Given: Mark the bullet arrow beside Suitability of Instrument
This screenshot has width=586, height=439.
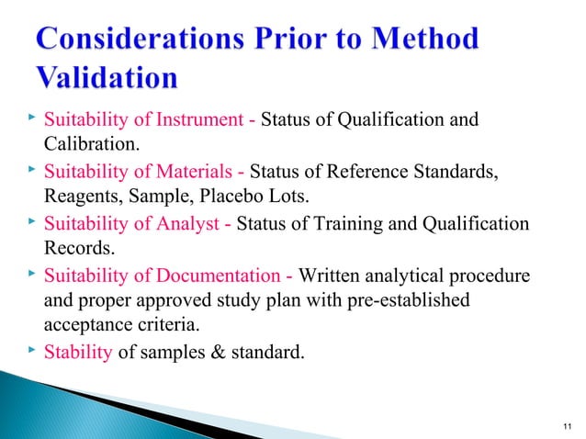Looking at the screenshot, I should (32, 119).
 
